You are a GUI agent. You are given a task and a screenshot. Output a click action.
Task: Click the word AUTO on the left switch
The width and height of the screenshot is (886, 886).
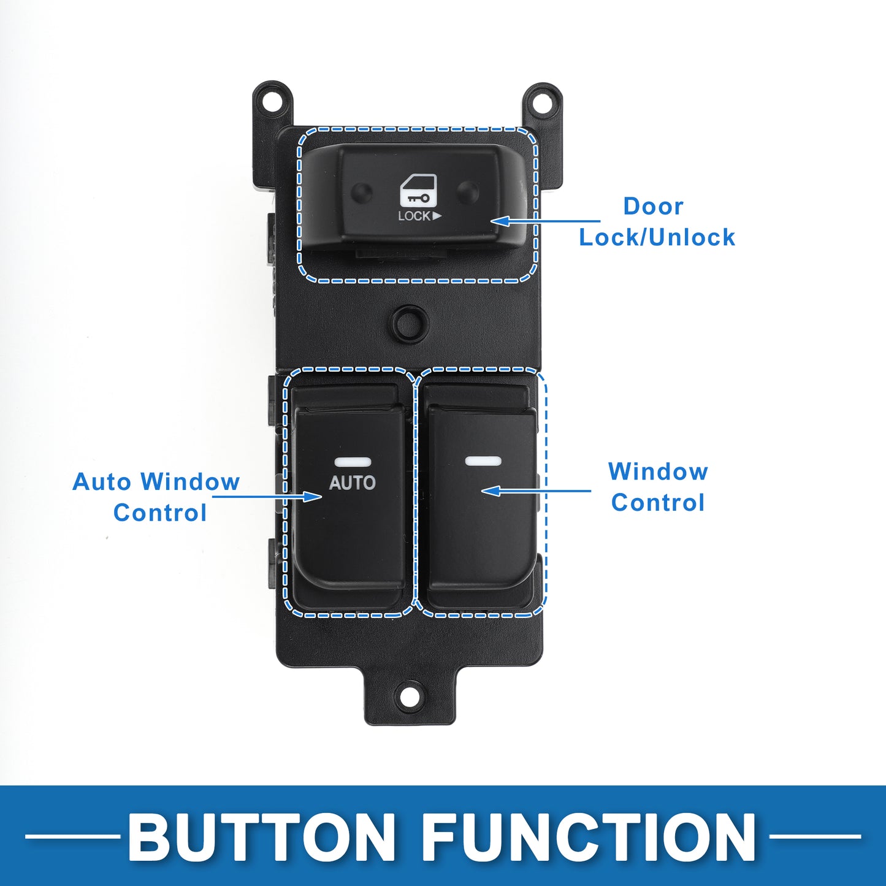[x=352, y=483]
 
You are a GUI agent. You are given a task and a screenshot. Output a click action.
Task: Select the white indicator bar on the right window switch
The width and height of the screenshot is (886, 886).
[x=483, y=460]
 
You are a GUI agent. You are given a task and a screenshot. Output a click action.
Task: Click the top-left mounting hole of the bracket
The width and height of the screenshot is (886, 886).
[x=273, y=99]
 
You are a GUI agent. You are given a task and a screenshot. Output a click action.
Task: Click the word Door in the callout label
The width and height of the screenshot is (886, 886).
[x=653, y=206]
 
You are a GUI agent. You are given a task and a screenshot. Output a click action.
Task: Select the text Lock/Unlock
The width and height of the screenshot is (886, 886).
[x=657, y=237]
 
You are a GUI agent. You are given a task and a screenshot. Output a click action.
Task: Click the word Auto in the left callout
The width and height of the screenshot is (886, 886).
[x=102, y=482]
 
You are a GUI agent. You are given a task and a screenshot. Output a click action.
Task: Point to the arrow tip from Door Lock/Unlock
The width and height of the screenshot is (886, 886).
[x=491, y=221]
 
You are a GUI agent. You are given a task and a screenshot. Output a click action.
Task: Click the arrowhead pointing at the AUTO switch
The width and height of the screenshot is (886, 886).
[x=321, y=497]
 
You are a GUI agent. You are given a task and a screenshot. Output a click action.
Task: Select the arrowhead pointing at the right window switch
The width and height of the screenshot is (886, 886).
[x=482, y=491]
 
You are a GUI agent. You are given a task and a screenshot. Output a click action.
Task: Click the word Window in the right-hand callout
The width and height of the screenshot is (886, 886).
[x=658, y=472]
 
